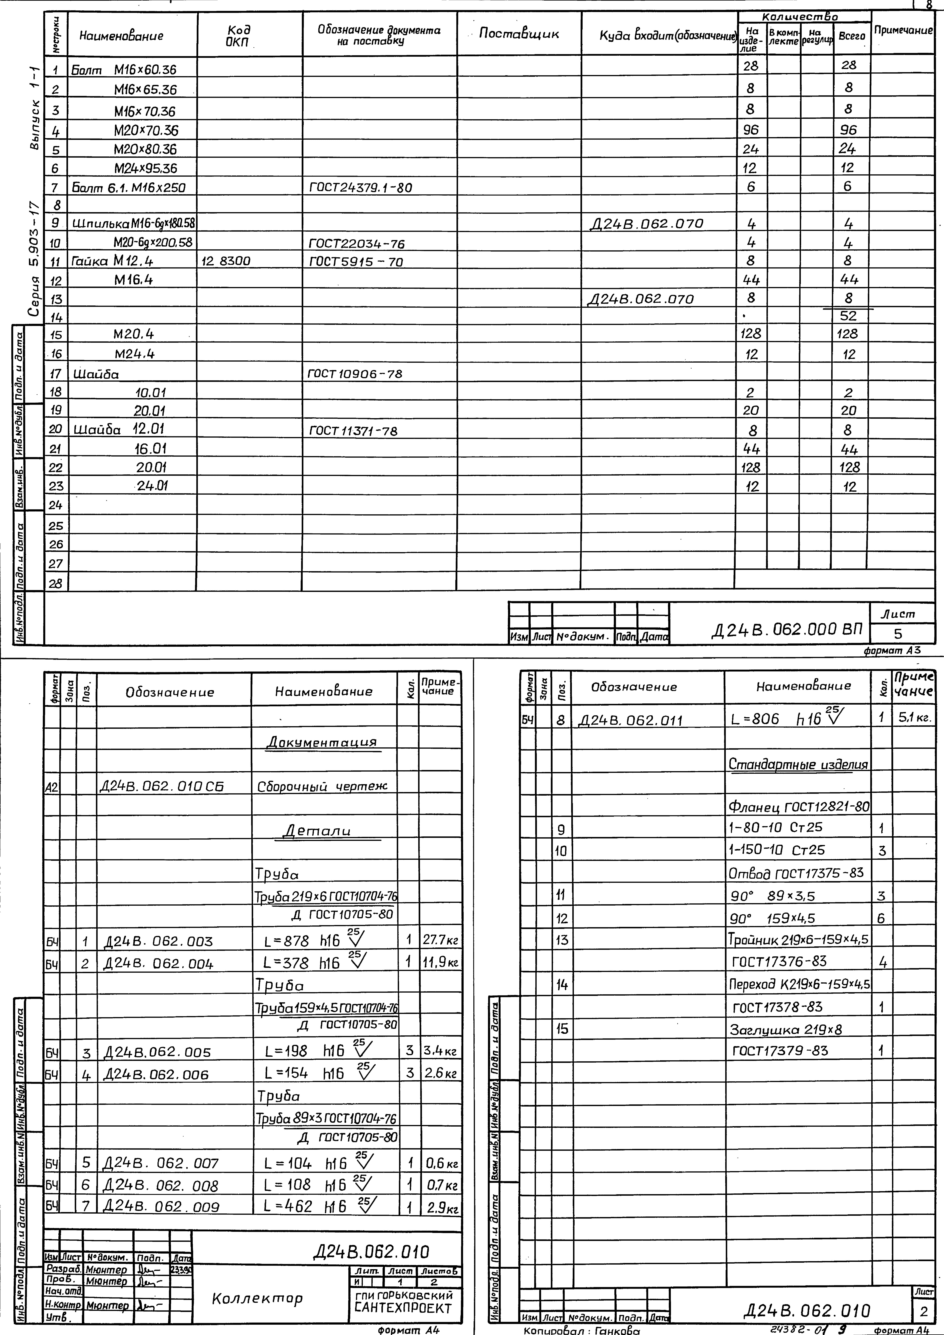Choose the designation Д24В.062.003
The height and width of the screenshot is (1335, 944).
tap(158, 941)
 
